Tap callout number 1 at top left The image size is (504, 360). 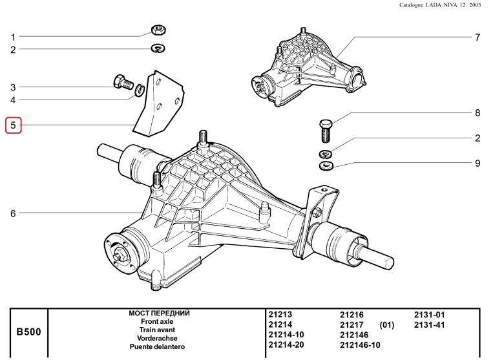[13, 37]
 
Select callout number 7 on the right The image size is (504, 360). [478, 37]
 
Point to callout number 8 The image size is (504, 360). [478, 113]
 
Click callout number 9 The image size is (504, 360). [478, 164]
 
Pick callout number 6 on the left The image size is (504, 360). [13, 213]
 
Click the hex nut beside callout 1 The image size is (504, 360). [157, 30]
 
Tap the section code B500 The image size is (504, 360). [28, 332]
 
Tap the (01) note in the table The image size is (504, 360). [387, 324]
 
